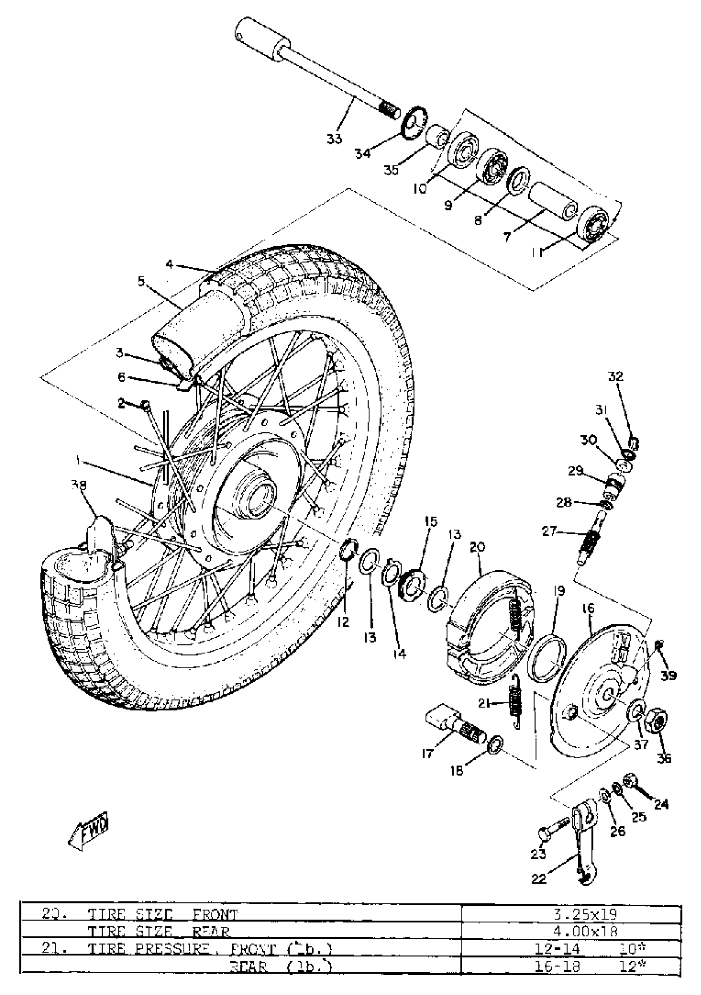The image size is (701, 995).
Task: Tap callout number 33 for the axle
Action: tap(334, 139)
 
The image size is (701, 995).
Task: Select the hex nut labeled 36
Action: tap(657, 721)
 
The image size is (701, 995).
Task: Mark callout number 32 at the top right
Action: tap(615, 377)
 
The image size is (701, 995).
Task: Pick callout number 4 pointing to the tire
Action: tap(169, 264)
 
